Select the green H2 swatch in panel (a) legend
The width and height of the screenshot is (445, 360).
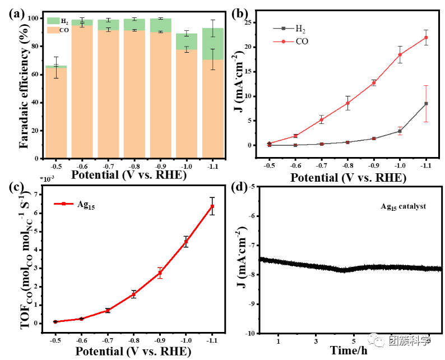click(54, 21)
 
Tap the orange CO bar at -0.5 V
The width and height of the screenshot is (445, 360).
click(56, 112)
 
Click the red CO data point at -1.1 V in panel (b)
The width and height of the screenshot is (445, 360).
click(426, 38)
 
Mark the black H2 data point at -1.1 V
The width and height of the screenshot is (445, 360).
click(426, 104)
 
